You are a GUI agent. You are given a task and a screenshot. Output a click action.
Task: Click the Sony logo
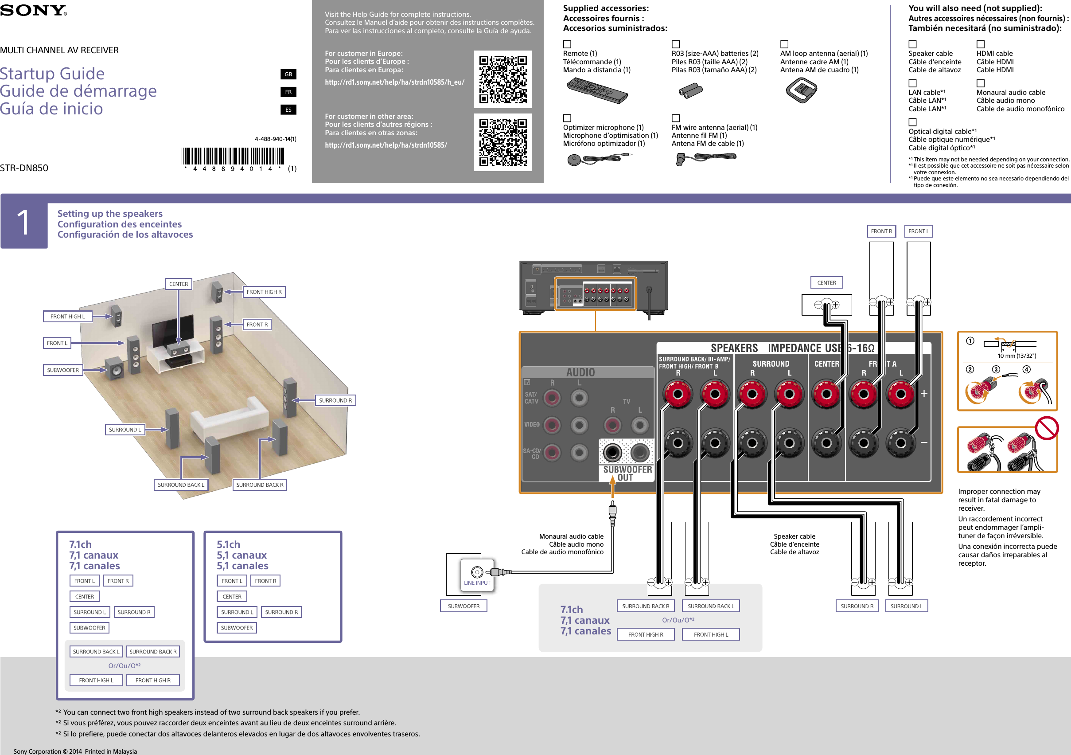(x=34, y=10)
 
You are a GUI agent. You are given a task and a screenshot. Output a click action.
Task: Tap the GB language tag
(x=288, y=74)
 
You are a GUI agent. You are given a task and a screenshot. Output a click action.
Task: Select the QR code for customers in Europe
(x=503, y=79)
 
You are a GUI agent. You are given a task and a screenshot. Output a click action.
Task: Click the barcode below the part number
(x=233, y=156)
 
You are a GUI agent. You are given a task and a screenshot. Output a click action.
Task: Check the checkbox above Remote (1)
(x=567, y=44)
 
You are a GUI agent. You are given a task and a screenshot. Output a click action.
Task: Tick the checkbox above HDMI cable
(x=981, y=44)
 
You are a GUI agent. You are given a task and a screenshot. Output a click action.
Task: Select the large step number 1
(x=24, y=223)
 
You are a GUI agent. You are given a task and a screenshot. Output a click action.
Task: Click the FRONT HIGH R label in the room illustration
(x=264, y=292)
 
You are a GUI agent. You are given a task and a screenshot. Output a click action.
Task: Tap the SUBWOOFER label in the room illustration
(x=63, y=371)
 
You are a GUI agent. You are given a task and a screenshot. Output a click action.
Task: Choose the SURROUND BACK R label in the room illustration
(x=259, y=485)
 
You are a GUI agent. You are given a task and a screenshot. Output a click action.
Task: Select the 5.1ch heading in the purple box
(x=228, y=544)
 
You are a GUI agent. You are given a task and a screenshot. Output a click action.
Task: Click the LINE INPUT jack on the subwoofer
(x=477, y=572)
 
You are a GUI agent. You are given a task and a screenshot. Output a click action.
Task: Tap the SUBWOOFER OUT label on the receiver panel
(x=627, y=473)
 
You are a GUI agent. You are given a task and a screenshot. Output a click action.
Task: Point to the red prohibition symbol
(x=1047, y=428)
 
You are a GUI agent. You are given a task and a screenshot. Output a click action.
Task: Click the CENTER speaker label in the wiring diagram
(x=826, y=283)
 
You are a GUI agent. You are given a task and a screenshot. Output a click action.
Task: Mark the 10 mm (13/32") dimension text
(x=1016, y=356)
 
